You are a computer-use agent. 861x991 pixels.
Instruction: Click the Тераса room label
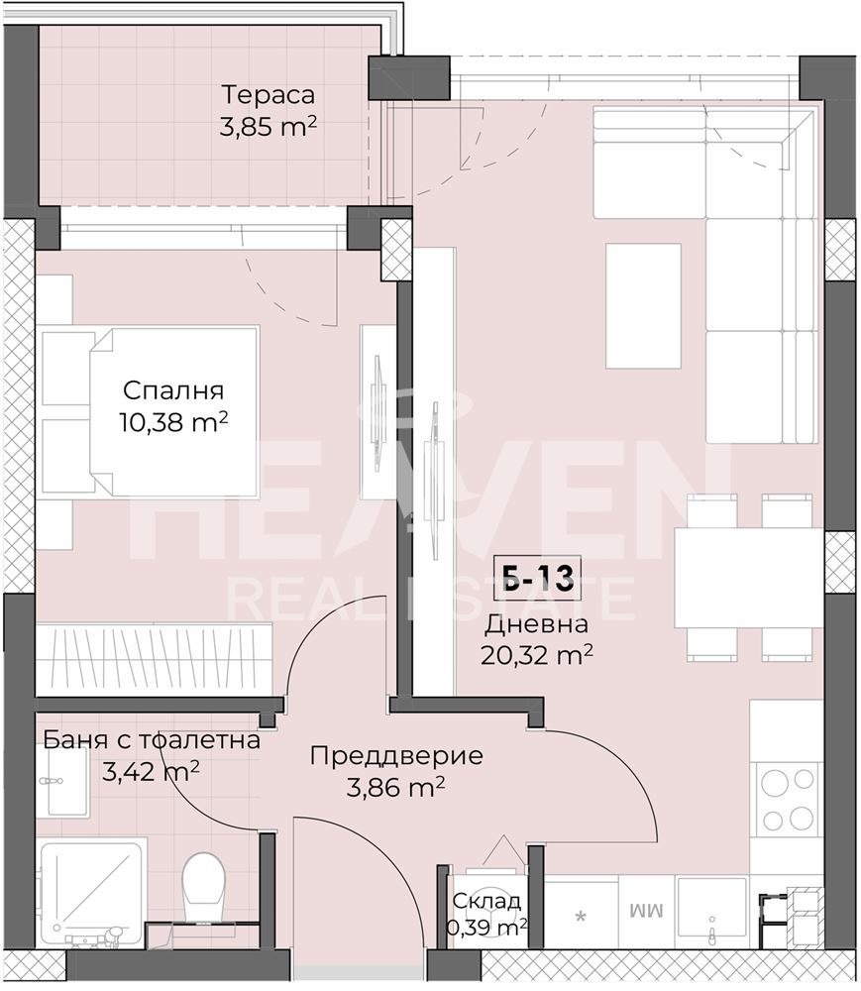[x=268, y=95]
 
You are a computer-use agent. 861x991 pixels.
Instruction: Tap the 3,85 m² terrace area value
[x=268, y=127]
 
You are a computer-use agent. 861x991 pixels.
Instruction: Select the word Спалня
[x=173, y=390]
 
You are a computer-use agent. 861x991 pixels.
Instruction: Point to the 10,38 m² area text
[x=173, y=421]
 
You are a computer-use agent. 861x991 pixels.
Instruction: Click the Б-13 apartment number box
[x=539, y=578]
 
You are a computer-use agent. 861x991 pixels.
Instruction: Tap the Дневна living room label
[x=536, y=623]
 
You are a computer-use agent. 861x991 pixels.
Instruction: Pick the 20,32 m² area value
[x=536, y=655]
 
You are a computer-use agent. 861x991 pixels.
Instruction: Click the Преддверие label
[x=396, y=756]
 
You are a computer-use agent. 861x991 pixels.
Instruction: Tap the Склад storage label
[x=486, y=901]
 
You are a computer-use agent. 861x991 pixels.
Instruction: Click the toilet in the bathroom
[x=203, y=885]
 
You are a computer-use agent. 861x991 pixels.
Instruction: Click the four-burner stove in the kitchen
[x=787, y=799]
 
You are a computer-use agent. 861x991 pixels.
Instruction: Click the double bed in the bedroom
[x=149, y=411]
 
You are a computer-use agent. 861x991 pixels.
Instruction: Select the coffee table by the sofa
[x=643, y=306]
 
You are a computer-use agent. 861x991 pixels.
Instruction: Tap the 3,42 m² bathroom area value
[x=151, y=771]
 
